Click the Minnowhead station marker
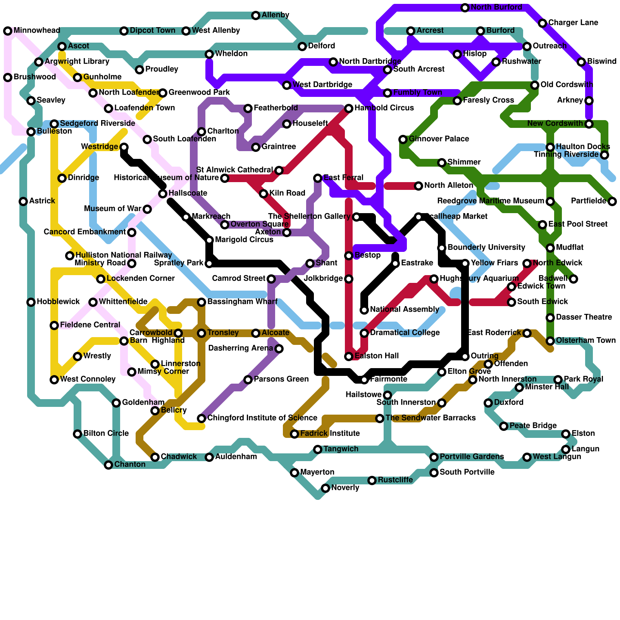[x=8, y=31]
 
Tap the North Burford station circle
[x=465, y=8]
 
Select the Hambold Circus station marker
[x=349, y=108]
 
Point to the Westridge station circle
[x=124, y=147]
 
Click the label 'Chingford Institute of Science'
[x=262, y=418]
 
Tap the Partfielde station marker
[x=612, y=201]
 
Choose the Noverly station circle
[x=325, y=488]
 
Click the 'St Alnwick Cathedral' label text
[x=234, y=170]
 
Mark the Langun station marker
[x=566, y=449]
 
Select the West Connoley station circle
[x=54, y=380]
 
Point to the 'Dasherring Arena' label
[x=240, y=348]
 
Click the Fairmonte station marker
[x=364, y=380]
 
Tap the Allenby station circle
[x=256, y=15]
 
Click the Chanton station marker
[x=108, y=465]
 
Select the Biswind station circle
[x=581, y=62]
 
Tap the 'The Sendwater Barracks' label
[x=431, y=418]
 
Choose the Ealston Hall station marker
[x=349, y=356]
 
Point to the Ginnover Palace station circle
[x=403, y=139]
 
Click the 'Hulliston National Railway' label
[x=124, y=255]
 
